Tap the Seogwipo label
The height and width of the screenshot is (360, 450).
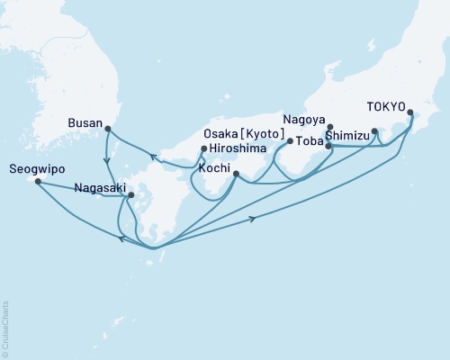35,167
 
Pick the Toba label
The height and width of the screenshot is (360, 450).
311,142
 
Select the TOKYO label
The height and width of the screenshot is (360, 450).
385,104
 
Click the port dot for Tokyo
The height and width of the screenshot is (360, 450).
410,113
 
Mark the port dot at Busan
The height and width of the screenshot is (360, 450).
108,128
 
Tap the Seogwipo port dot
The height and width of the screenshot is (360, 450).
38,182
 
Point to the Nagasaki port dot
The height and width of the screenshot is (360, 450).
131,195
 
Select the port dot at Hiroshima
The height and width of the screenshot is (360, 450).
204,148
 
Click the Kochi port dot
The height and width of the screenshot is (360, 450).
236,175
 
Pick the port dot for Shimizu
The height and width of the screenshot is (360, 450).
374,131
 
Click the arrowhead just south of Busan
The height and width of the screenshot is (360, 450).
109,161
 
